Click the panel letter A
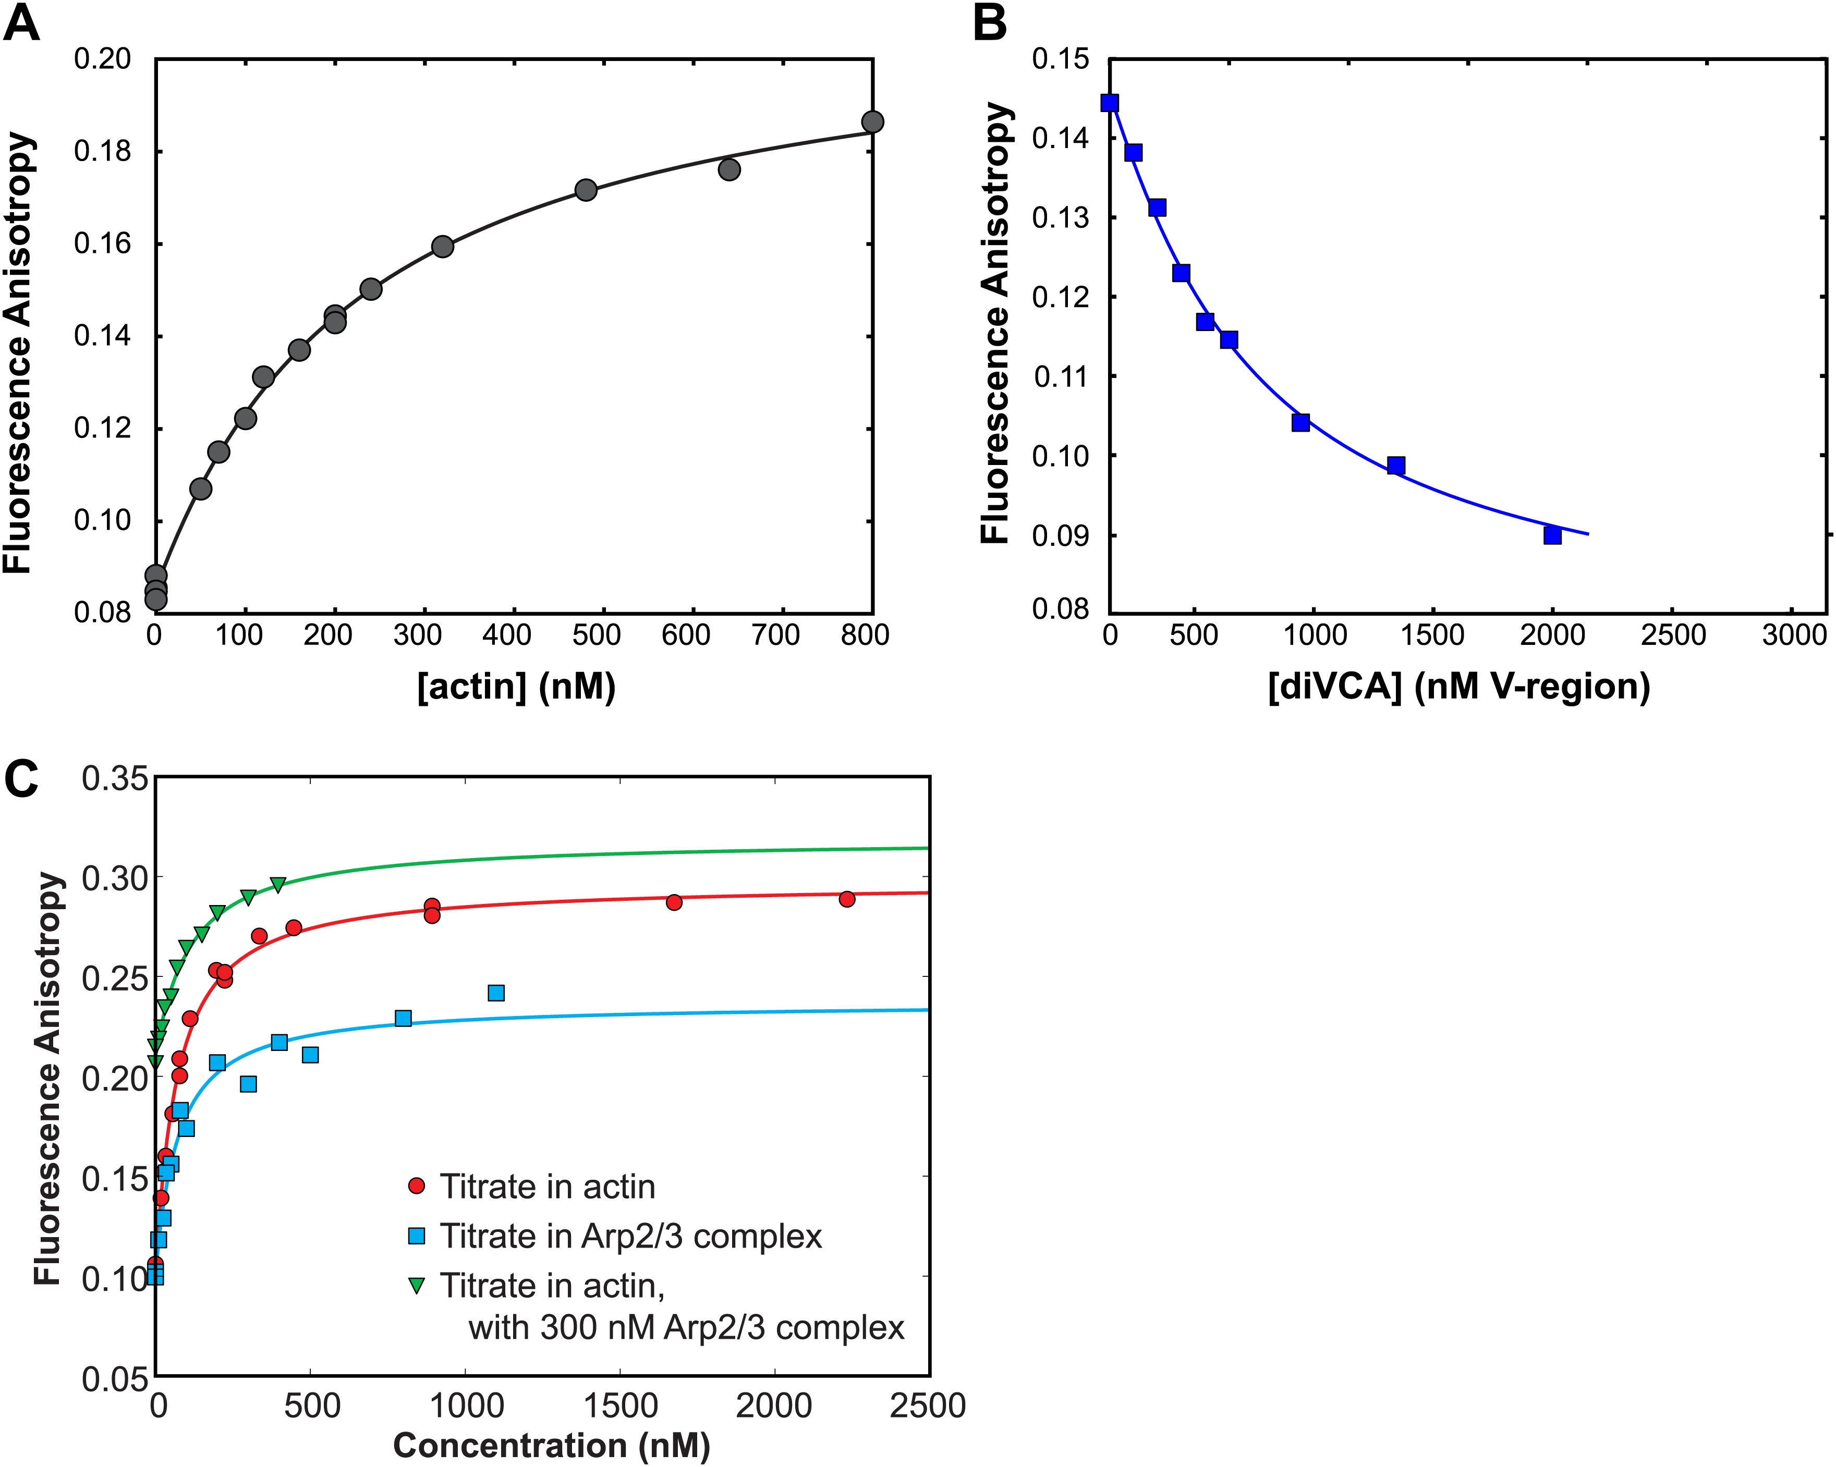click(x=21, y=24)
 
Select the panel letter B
click(x=990, y=24)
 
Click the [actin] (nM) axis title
click(x=516, y=686)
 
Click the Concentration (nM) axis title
click(x=552, y=1445)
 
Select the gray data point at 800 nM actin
click(x=872, y=122)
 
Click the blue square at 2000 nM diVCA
click(x=1552, y=535)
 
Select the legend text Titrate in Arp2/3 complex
click(x=630, y=1236)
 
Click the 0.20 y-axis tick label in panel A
click(x=102, y=59)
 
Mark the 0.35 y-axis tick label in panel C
click(x=115, y=779)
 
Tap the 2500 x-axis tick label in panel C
click(x=927, y=1405)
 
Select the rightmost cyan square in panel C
click(x=495, y=993)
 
